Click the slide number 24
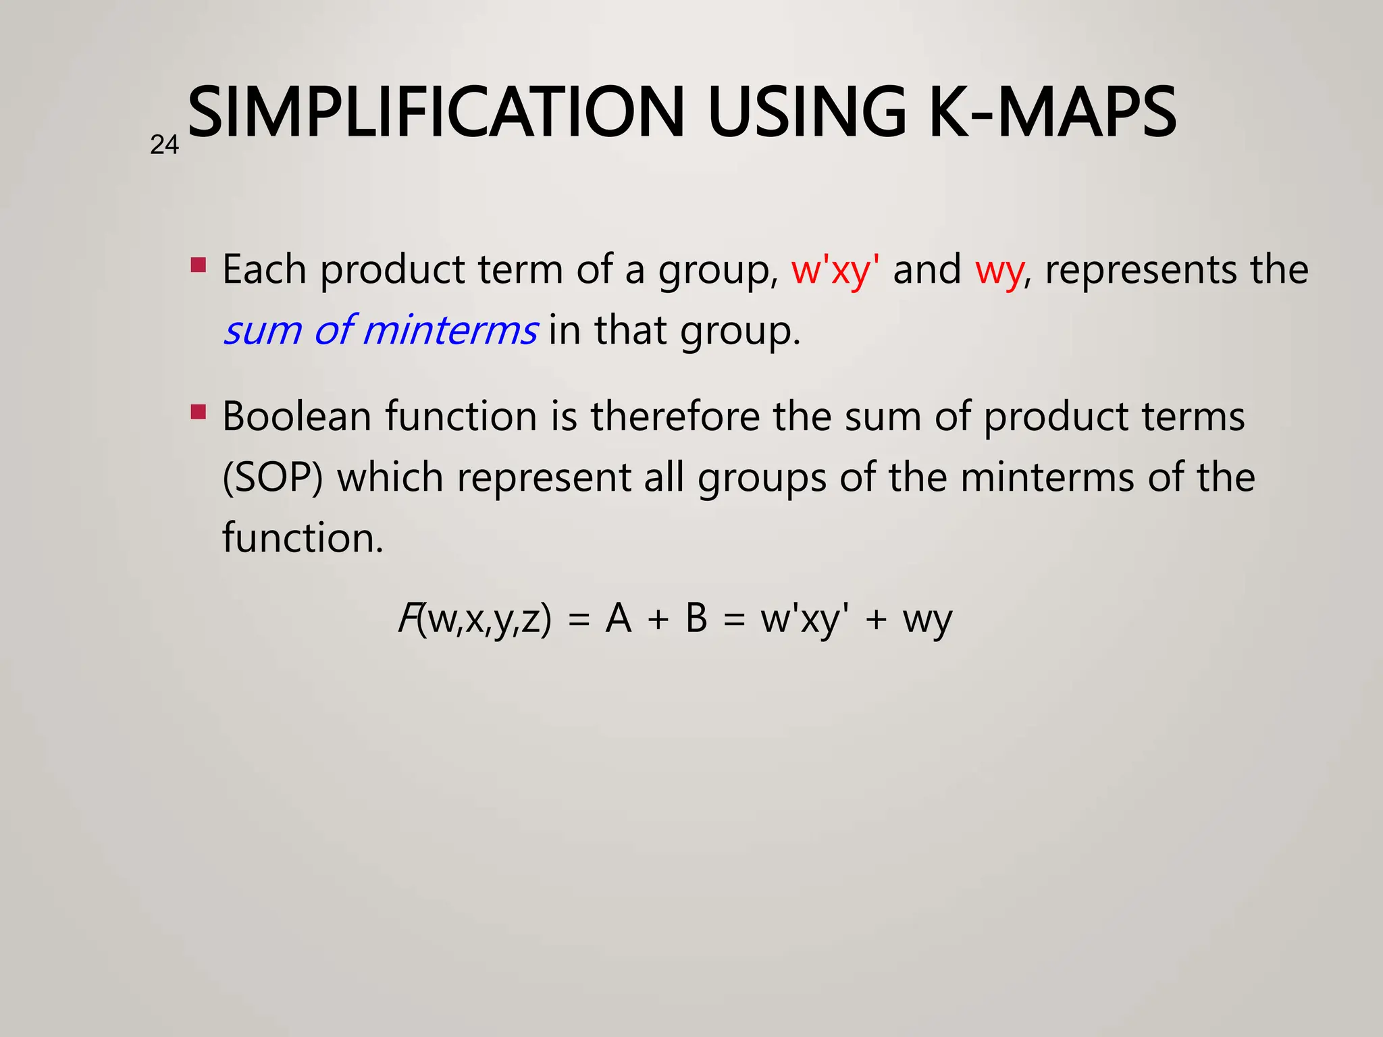click(164, 145)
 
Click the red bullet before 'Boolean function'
click(198, 411)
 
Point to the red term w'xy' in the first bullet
click(835, 270)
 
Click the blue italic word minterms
click(450, 331)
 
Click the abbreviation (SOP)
click(273, 478)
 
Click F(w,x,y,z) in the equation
click(475, 618)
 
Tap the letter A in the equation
click(618, 618)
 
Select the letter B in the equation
click(696, 618)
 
